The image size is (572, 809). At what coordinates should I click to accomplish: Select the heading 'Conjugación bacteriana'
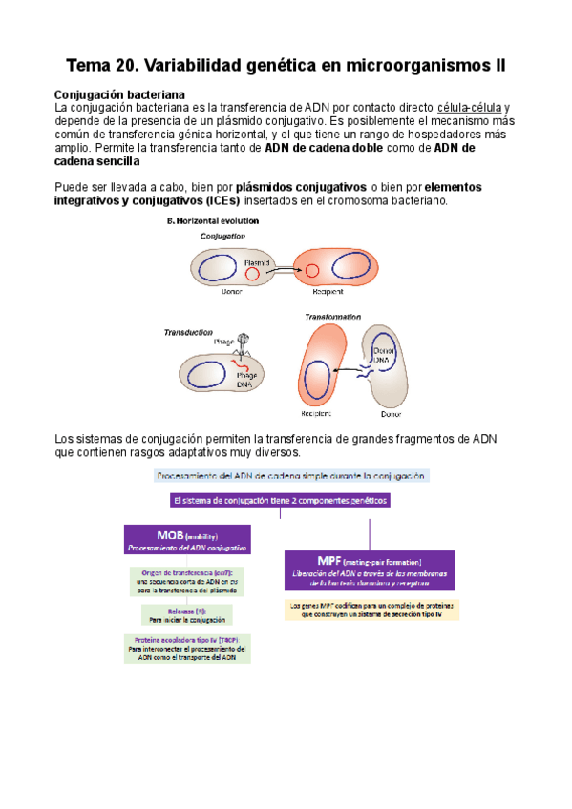tap(119, 93)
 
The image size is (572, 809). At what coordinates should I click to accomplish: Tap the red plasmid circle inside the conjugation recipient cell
tap(311, 272)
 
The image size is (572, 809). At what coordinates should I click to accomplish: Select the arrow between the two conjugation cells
tap(285, 273)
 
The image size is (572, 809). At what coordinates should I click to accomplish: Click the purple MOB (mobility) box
tap(187, 540)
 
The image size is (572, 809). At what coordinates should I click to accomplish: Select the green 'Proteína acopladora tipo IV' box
tap(187, 649)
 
